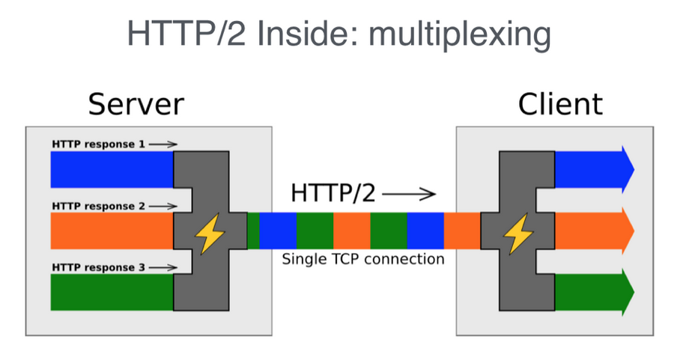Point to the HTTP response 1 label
98,144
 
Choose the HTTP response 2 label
98,206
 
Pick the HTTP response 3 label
98,267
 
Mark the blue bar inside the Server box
112,169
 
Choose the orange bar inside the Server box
112,231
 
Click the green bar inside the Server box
112,293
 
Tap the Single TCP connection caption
362,260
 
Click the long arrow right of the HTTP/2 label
409,195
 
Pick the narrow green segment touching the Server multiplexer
253,231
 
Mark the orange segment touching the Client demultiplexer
461,231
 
